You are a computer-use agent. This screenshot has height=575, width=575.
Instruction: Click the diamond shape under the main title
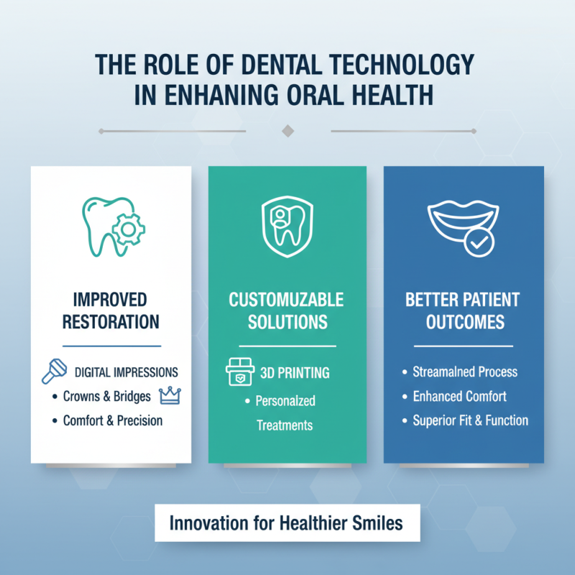click(x=287, y=131)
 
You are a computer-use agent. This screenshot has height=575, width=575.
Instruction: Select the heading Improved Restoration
click(x=110, y=310)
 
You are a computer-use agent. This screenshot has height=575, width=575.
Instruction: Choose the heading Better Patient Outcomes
click(x=464, y=310)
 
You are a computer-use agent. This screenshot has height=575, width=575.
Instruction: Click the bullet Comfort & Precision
click(x=113, y=420)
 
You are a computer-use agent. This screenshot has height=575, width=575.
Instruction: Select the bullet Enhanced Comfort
click(x=459, y=396)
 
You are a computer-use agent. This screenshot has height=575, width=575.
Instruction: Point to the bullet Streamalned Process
click(x=464, y=372)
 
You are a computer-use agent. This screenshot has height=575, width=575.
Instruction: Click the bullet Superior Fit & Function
click(x=470, y=420)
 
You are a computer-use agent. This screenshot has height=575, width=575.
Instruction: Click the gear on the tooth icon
click(x=129, y=229)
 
